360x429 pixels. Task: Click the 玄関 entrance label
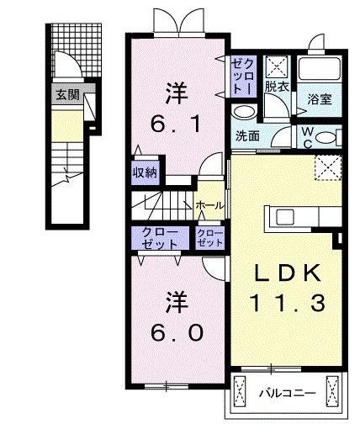67,95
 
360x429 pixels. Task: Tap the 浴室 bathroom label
320,99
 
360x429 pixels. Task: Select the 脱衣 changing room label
277,87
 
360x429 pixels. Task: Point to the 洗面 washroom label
247,136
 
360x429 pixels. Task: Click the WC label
308,137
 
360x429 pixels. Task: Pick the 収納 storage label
145,172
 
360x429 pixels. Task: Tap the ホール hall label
210,205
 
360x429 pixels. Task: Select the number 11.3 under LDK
287,303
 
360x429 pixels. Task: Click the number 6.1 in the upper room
176,124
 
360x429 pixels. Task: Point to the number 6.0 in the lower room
177,333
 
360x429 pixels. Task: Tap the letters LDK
288,273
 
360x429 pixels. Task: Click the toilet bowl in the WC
326,138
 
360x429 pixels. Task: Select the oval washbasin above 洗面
244,112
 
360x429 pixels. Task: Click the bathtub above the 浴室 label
320,69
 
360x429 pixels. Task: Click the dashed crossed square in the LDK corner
328,167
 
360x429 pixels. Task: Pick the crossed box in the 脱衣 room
277,66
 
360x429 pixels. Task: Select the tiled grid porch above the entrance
77,50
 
